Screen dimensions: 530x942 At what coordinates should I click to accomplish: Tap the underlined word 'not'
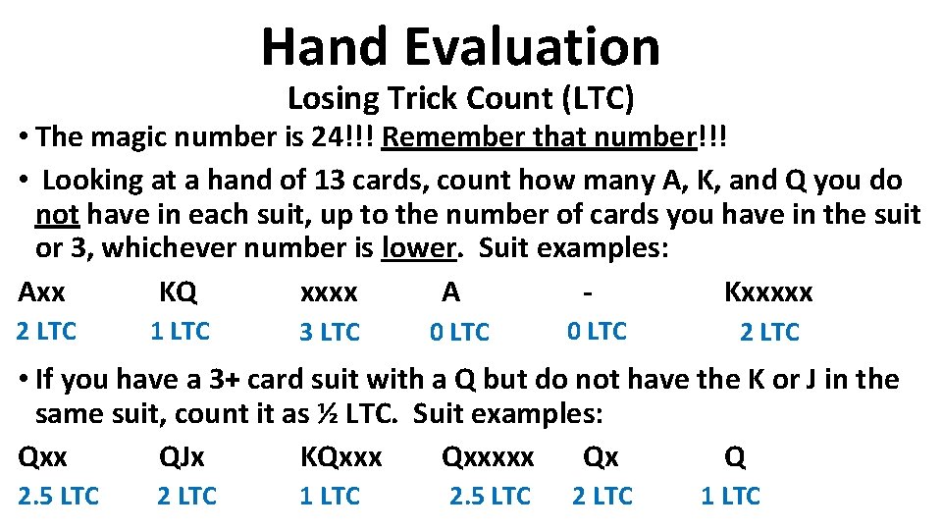coord(57,214)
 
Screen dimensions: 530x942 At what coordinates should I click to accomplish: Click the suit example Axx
coord(42,291)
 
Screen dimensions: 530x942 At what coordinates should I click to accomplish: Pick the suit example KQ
coord(178,291)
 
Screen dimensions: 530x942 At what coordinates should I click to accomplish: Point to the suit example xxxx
coord(329,292)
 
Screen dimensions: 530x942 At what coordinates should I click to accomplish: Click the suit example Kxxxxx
coord(768,291)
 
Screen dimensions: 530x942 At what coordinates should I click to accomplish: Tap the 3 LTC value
coord(330,333)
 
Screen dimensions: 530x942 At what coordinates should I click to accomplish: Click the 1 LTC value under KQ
coord(180,332)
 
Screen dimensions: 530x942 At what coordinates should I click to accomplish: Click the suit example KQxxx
coord(340,456)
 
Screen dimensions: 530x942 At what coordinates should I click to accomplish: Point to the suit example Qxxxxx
coord(488,456)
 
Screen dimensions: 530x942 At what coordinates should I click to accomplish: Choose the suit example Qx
coord(601,456)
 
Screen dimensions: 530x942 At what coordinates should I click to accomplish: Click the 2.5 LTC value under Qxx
coord(59,497)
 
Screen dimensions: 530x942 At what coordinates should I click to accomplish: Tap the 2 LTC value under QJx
coord(186,497)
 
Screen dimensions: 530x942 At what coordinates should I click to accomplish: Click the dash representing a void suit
coord(587,291)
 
